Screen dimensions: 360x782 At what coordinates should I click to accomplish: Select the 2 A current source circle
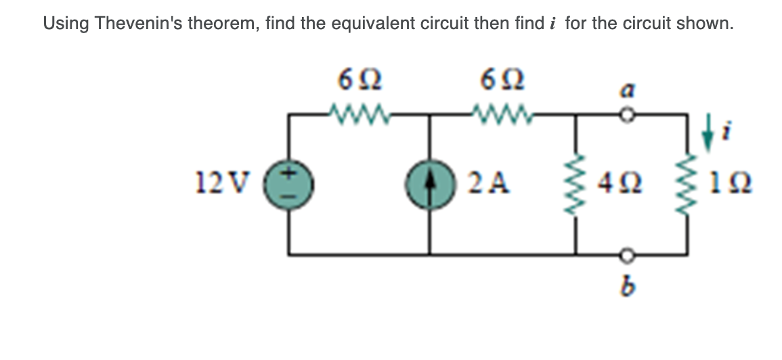(429, 184)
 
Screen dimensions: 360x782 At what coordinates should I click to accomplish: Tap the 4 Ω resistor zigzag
(576, 183)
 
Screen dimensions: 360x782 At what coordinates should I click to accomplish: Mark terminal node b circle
(627, 255)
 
